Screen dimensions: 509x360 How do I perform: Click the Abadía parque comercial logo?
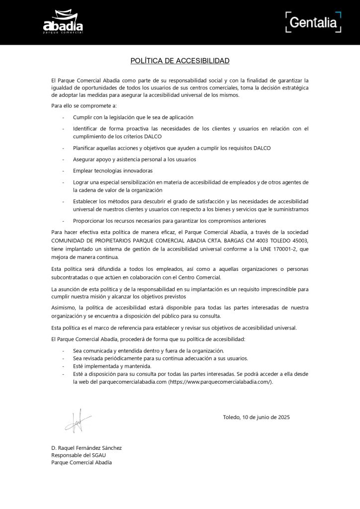[63, 23]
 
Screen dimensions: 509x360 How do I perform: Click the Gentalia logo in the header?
[313, 22]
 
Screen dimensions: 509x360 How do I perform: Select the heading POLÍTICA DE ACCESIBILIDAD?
[180, 61]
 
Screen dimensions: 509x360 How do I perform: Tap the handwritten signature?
[77, 421]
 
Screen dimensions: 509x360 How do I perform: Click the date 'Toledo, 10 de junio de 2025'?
[256, 417]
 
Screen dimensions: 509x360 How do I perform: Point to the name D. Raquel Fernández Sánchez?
[86, 447]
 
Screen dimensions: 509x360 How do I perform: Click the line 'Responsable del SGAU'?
[79, 455]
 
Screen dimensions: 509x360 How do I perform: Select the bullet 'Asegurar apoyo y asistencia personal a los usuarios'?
[134, 159]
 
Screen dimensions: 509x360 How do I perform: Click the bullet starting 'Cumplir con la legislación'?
[133, 117]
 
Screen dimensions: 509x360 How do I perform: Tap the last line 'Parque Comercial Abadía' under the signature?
[82, 462]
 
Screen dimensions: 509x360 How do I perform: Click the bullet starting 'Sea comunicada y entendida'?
[148, 350]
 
